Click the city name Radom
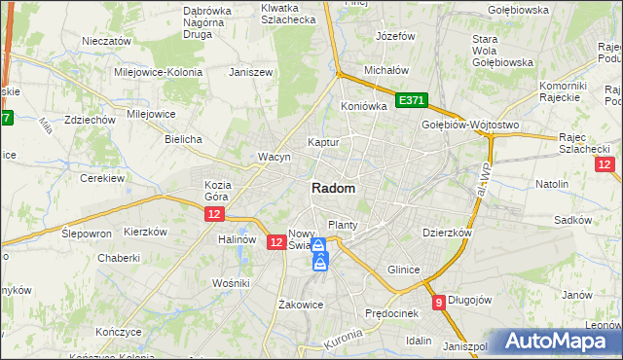click(x=333, y=189)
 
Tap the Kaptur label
click(x=323, y=142)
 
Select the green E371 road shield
click(x=412, y=100)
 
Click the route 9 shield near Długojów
click(x=440, y=302)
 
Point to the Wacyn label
click(x=274, y=157)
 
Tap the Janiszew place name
click(x=248, y=72)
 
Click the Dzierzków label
click(x=447, y=234)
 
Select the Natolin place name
click(x=552, y=183)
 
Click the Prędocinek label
click(x=390, y=313)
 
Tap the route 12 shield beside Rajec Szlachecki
click(x=605, y=164)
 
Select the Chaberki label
click(x=119, y=259)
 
